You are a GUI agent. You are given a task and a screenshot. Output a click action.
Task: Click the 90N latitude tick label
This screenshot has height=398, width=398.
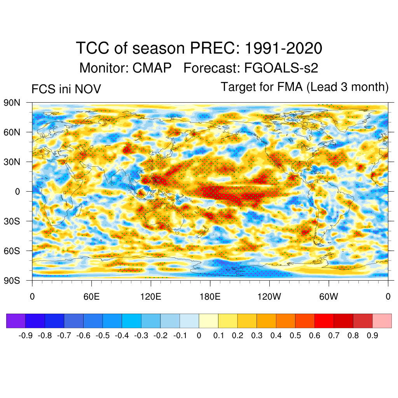click(x=12, y=103)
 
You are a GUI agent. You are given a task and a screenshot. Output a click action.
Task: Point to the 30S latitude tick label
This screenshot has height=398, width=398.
click(x=12, y=221)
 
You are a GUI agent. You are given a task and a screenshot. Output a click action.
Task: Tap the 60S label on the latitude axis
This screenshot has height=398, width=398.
click(x=12, y=251)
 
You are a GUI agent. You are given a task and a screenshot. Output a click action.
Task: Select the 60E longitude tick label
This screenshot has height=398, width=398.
click(x=91, y=297)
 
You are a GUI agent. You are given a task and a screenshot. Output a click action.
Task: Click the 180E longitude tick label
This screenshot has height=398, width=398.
click(x=210, y=297)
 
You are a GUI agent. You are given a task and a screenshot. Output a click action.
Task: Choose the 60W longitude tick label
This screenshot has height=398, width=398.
click(x=328, y=297)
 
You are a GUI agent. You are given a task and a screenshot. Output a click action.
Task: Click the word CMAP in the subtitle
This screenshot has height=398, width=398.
click(x=152, y=68)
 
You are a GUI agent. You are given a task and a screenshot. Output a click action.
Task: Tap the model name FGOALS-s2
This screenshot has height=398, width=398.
click(x=281, y=68)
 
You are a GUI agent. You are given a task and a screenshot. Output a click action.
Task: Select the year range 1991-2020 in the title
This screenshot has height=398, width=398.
click(x=283, y=49)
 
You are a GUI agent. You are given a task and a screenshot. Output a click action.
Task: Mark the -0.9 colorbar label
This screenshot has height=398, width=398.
click(x=25, y=335)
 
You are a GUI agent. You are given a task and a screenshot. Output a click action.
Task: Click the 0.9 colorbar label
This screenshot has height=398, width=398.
click(x=372, y=335)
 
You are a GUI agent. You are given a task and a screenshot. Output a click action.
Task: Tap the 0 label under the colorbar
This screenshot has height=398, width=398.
click(x=199, y=335)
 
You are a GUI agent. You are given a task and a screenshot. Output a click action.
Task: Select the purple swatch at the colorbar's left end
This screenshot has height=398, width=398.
click(x=16, y=321)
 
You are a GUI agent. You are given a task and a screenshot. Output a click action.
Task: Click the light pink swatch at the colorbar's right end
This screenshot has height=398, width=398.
click(x=382, y=321)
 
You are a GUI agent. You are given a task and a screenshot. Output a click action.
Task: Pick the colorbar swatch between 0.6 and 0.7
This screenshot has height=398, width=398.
click(x=324, y=321)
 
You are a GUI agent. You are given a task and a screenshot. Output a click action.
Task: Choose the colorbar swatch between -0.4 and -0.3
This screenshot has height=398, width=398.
click(x=131, y=321)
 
